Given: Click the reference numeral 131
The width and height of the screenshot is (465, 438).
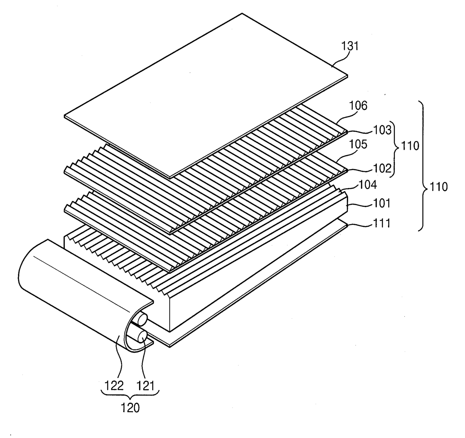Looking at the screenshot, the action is (350, 46).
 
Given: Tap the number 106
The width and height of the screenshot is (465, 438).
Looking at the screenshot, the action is (358, 106).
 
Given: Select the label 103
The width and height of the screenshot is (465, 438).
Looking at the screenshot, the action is (382, 130).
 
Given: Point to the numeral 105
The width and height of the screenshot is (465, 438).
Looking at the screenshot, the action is (358, 144).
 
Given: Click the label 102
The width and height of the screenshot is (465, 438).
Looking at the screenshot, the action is (382, 168).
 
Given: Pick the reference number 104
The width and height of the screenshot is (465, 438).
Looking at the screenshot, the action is (368, 185).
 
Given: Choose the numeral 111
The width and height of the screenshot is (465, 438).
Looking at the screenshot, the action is (381, 223).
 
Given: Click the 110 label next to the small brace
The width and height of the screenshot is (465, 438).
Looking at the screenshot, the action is (410, 146).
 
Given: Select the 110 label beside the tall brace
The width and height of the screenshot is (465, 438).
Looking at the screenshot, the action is (438, 187).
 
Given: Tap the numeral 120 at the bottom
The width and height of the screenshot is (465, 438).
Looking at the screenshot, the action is (130, 408).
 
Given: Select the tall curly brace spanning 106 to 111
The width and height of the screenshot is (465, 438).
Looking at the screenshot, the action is (424, 165).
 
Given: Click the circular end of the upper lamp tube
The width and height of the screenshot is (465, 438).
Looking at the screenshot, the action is (142, 319).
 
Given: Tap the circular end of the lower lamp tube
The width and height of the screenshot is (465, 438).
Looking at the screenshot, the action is (142, 337).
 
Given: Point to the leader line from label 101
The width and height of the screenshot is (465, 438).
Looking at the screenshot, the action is (360, 205).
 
